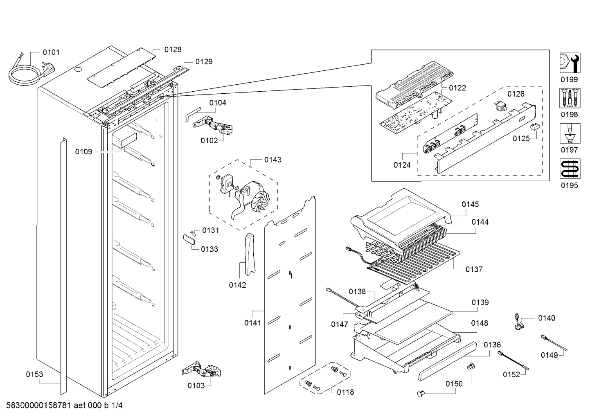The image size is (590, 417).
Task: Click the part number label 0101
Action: (51, 52)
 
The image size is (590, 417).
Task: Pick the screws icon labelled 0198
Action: (569, 98)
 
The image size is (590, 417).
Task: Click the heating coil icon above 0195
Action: (569, 169)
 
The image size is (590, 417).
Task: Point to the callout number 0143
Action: (272, 160)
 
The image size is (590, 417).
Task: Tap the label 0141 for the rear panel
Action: (253, 323)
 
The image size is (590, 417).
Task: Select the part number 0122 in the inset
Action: (457, 88)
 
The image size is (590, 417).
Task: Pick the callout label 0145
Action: (470, 204)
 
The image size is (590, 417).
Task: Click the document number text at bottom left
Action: (65, 406)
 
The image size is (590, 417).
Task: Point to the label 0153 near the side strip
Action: (34, 374)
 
